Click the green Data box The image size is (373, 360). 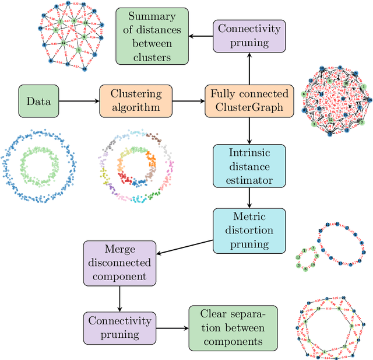click(38, 101)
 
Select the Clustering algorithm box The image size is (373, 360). click(136, 101)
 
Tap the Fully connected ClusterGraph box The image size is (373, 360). click(249, 101)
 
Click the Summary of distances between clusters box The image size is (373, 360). click(154, 36)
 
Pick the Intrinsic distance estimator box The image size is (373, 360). click(249, 166)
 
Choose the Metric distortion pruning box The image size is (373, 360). click(249, 230)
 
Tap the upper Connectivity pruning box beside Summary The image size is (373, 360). click(249, 36)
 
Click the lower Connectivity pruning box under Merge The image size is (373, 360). click(119, 328)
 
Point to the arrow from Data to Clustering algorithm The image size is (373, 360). click(79, 101)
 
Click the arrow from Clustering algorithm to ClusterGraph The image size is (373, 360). click(189, 101)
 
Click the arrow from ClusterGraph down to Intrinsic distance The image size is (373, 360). click(249, 131)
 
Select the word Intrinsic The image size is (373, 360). click(249, 153)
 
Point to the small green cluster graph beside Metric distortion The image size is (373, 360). click(305, 258)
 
